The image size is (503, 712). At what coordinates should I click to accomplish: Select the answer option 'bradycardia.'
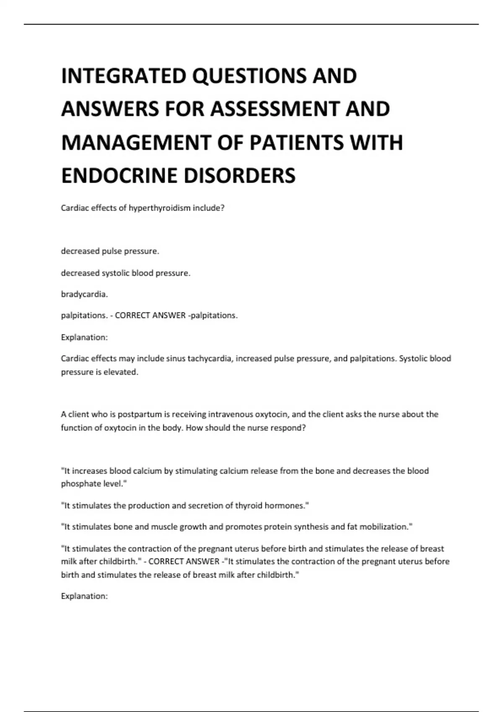[x=84, y=294]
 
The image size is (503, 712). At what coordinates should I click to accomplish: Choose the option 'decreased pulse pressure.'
[x=110, y=251]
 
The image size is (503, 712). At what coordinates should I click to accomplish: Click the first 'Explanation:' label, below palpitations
[x=84, y=337]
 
